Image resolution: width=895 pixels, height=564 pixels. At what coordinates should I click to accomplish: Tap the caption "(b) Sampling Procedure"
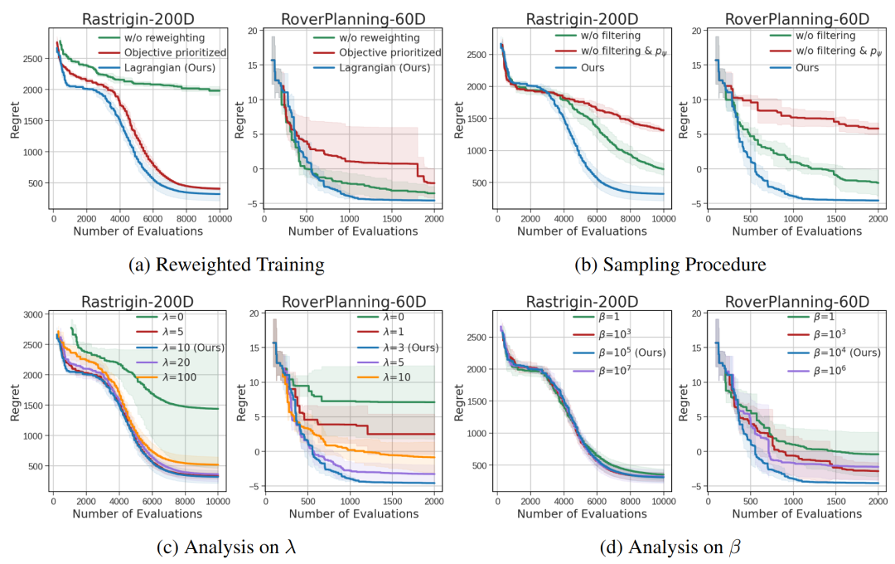(670, 265)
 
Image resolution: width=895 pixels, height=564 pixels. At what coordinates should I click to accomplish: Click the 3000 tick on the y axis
(32, 314)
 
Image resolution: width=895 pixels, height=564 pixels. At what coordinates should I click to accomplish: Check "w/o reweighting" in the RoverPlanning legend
(375, 36)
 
